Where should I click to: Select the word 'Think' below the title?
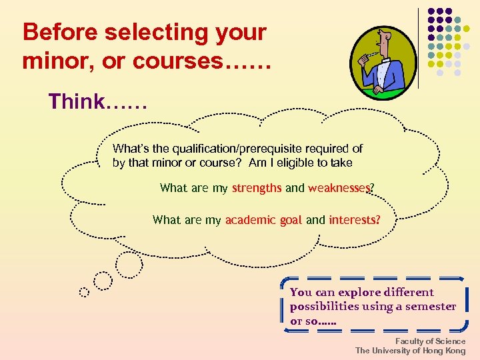tap(76, 102)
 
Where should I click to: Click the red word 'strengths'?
tap(257, 188)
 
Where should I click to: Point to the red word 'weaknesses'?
tap(339, 188)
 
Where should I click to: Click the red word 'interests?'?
tap(355, 219)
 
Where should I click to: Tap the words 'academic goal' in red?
tap(264, 220)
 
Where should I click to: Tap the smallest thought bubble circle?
tap(84, 291)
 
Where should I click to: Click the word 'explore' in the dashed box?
tap(359, 292)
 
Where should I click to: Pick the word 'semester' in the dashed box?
tap(433, 306)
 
